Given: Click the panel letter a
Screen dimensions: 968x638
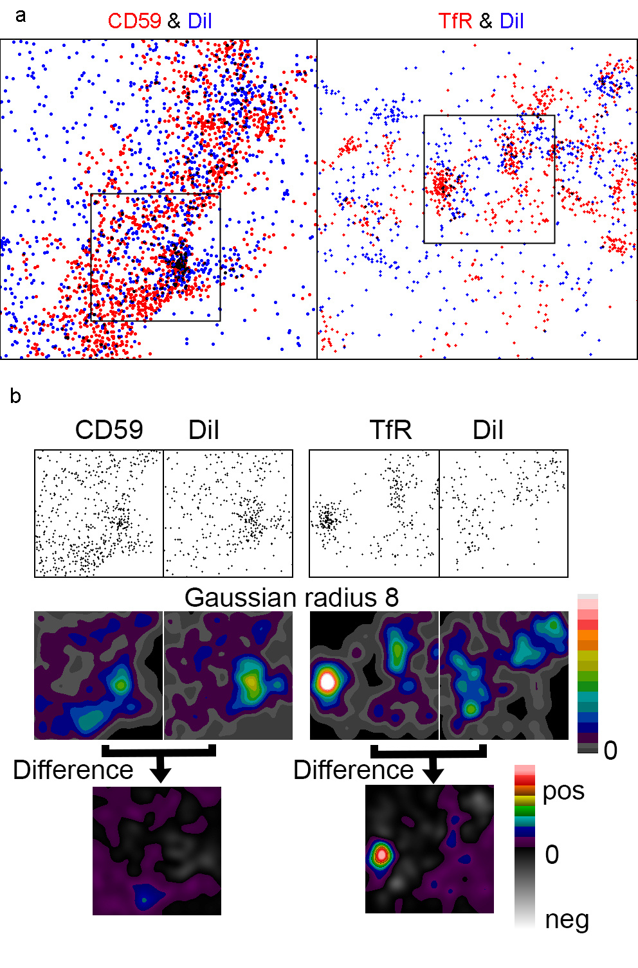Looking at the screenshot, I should click(x=21, y=15).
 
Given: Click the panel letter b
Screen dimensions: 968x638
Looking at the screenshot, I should click(x=15, y=396).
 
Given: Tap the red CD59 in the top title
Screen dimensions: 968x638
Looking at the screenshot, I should click(x=134, y=21).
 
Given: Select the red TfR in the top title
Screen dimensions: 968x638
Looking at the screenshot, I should click(x=455, y=21).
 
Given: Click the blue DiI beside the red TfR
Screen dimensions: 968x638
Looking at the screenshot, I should click(x=511, y=21).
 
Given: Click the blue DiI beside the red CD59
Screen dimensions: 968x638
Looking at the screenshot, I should click(x=199, y=21).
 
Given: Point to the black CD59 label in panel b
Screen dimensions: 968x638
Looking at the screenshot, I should click(x=109, y=430).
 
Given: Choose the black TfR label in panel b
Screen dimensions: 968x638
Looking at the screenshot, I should click(x=390, y=430).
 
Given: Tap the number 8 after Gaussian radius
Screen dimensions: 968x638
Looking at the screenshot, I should click(x=392, y=598).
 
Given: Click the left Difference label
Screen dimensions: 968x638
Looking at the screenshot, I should click(x=73, y=769).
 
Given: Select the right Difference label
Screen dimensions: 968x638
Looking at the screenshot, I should click(x=353, y=769).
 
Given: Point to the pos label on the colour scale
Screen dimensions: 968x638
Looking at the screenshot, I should click(x=563, y=791).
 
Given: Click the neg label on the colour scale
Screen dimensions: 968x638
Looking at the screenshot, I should click(x=567, y=920).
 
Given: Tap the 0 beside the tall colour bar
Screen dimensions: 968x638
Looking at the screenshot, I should click(x=610, y=750).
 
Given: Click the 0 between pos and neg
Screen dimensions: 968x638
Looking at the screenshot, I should click(x=552, y=855).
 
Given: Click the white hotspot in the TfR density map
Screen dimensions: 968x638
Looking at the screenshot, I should click(x=327, y=681).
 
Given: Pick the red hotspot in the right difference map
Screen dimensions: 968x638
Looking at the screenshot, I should click(x=382, y=855).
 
